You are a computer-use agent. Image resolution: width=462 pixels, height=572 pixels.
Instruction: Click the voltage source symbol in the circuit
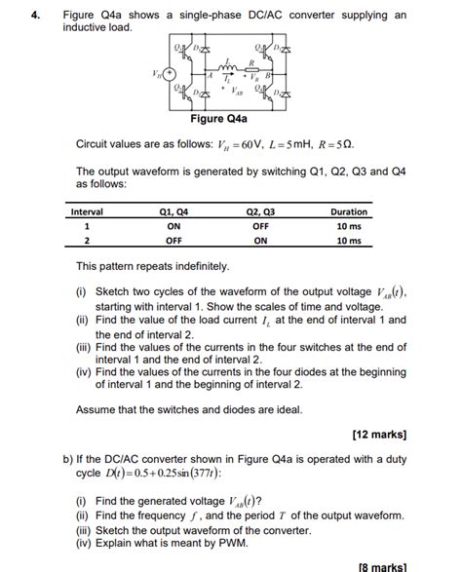pyautogui.click(x=170, y=74)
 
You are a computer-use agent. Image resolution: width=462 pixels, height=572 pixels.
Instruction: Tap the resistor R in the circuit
pyautogui.click(x=250, y=66)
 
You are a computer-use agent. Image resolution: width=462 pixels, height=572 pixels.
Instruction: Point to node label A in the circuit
pyautogui.click(x=209, y=76)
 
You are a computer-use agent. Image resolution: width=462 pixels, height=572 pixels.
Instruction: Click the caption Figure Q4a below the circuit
pyautogui.click(x=219, y=119)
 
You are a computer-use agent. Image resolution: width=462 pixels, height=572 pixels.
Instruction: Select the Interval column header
pyautogui.click(x=87, y=211)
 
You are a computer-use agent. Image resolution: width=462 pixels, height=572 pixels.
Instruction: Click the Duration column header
pyautogui.click(x=348, y=211)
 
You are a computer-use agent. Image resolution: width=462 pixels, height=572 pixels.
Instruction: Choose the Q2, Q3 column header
pyautogui.click(x=260, y=211)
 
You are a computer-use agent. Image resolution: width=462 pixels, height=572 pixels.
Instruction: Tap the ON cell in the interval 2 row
pyautogui.click(x=260, y=241)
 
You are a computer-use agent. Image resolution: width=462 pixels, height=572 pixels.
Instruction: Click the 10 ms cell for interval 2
pyautogui.click(x=348, y=241)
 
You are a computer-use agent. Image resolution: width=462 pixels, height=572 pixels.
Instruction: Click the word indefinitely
pyautogui.click(x=198, y=265)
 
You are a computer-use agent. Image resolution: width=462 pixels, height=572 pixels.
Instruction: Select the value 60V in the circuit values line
pyautogui.click(x=249, y=144)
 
